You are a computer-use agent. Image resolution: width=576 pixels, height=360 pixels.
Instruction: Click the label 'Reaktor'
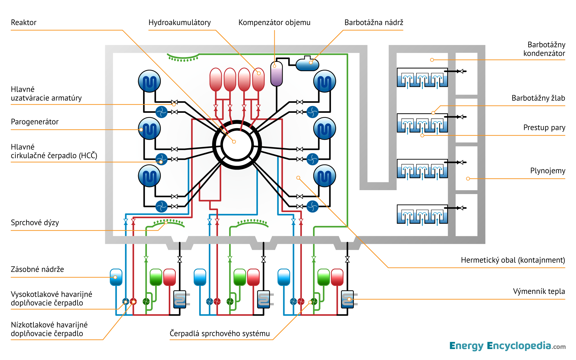tap(24, 22)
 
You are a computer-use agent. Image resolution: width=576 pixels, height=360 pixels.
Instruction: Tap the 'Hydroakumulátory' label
tap(179, 22)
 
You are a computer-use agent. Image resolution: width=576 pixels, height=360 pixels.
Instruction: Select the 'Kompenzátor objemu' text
tap(274, 22)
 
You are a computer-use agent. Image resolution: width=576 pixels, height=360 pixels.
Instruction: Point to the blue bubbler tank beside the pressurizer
tap(307, 65)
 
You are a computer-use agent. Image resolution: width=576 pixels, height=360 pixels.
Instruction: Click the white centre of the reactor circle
tap(237, 145)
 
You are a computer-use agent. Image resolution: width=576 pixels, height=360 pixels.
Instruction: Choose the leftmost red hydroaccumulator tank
tap(216, 79)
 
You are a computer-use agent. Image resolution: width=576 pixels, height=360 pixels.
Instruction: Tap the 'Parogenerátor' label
tap(35, 122)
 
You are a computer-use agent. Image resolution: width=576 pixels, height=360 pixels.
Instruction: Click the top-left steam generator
tap(149, 81)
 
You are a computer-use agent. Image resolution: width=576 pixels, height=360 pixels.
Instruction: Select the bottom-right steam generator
tap(325, 176)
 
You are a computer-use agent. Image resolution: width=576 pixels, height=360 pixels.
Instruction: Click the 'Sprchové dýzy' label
tap(35, 223)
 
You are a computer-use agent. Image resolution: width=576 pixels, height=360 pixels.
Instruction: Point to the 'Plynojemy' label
tap(548, 171)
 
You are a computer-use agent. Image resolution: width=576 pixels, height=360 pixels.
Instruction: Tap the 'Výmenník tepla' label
tap(539, 291)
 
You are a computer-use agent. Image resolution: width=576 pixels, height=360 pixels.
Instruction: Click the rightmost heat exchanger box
tap(347, 299)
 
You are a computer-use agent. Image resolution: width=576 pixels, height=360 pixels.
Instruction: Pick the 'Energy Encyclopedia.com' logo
tap(507, 346)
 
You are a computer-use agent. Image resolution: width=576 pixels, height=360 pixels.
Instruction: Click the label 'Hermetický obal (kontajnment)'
tap(513, 260)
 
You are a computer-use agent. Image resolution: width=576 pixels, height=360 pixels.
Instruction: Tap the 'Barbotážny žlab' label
tap(538, 98)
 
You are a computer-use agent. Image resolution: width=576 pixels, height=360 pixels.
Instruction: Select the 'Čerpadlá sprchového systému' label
tap(220, 334)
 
